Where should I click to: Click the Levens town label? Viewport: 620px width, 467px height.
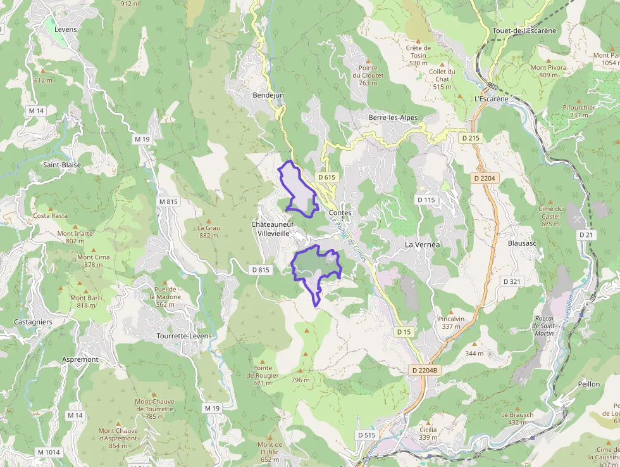point(66,29)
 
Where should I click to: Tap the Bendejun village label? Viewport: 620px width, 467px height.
point(268,95)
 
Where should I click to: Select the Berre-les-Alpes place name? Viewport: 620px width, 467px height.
point(393,118)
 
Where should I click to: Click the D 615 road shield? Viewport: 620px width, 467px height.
point(326,177)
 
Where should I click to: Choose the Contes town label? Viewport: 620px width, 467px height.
point(340,212)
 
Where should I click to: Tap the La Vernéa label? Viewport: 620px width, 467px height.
point(422,244)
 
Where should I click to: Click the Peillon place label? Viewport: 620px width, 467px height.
point(588,384)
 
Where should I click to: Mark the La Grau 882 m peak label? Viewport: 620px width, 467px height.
point(208,231)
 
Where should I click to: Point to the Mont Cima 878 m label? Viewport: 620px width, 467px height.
point(93,261)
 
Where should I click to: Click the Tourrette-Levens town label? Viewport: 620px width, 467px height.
point(184,335)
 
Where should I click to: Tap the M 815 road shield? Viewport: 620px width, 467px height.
point(169,202)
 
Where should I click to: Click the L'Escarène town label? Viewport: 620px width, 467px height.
point(491,99)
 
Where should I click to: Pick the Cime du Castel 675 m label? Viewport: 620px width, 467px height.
point(550,216)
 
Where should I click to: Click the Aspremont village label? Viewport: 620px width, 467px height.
point(80,359)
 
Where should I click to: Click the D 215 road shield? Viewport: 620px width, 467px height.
point(471,138)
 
